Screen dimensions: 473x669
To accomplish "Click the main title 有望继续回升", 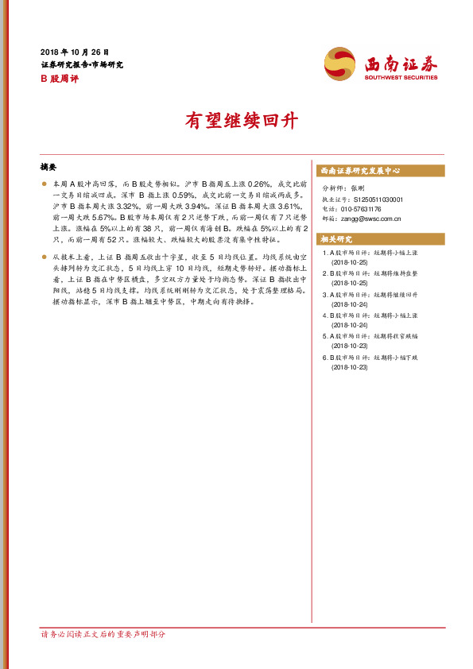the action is click(x=236, y=122).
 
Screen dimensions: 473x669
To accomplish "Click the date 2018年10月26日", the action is click(x=75, y=51).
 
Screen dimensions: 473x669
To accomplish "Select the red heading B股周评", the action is click(x=59, y=79).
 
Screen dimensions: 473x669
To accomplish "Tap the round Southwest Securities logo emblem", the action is click(x=340, y=63).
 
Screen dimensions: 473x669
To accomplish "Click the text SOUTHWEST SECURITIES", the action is click(x=401, y=78).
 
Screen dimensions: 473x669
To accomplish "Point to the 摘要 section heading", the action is click(x=48, y=168).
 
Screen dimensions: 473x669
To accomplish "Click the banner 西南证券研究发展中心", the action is click(x=360, y=171).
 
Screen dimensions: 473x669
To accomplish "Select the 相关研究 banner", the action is click(x=336, y=239).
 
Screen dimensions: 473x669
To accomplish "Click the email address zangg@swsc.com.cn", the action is click(x=374, y=218).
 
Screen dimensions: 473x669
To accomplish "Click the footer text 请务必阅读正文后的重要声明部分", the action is click(x=103, y=634).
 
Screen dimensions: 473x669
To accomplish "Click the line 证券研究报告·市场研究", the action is click(x=82, y=64).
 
